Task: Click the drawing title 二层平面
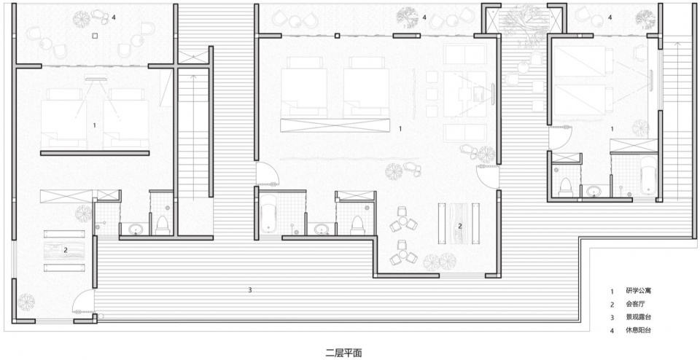343,353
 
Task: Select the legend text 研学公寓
639,291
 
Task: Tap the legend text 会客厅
636,305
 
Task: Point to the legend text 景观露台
639,318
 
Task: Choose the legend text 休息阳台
639,331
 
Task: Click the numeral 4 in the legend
612,331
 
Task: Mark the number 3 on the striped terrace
250,291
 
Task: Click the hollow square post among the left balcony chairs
95,36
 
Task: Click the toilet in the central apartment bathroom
357,226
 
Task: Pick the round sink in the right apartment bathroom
594,192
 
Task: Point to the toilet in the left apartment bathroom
163,226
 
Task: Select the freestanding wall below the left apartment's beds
95,153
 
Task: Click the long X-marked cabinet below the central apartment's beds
335,125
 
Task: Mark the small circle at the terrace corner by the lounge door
101,316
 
